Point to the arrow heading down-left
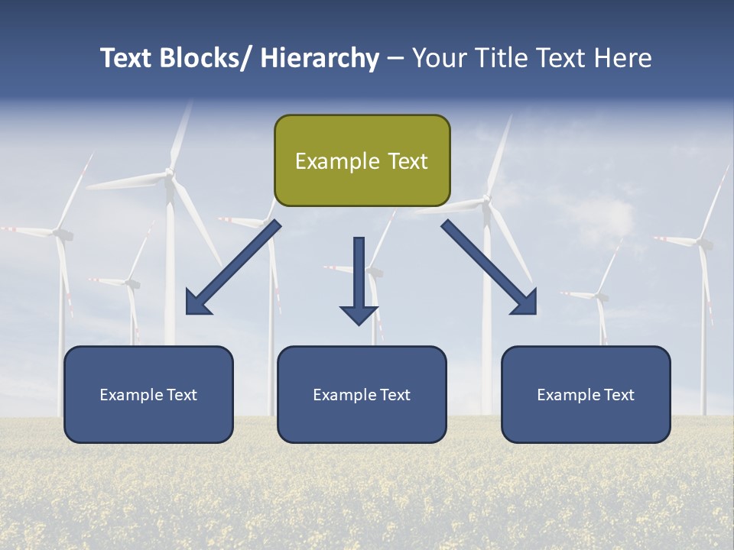tap(233, 267)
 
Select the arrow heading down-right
tap(489, 267)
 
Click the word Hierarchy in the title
tap(320, 58)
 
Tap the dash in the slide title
tap(395, 59)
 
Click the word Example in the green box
tap(337, 161)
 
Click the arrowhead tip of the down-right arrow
tap(536, 314)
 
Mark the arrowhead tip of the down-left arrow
tap(187, 314)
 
